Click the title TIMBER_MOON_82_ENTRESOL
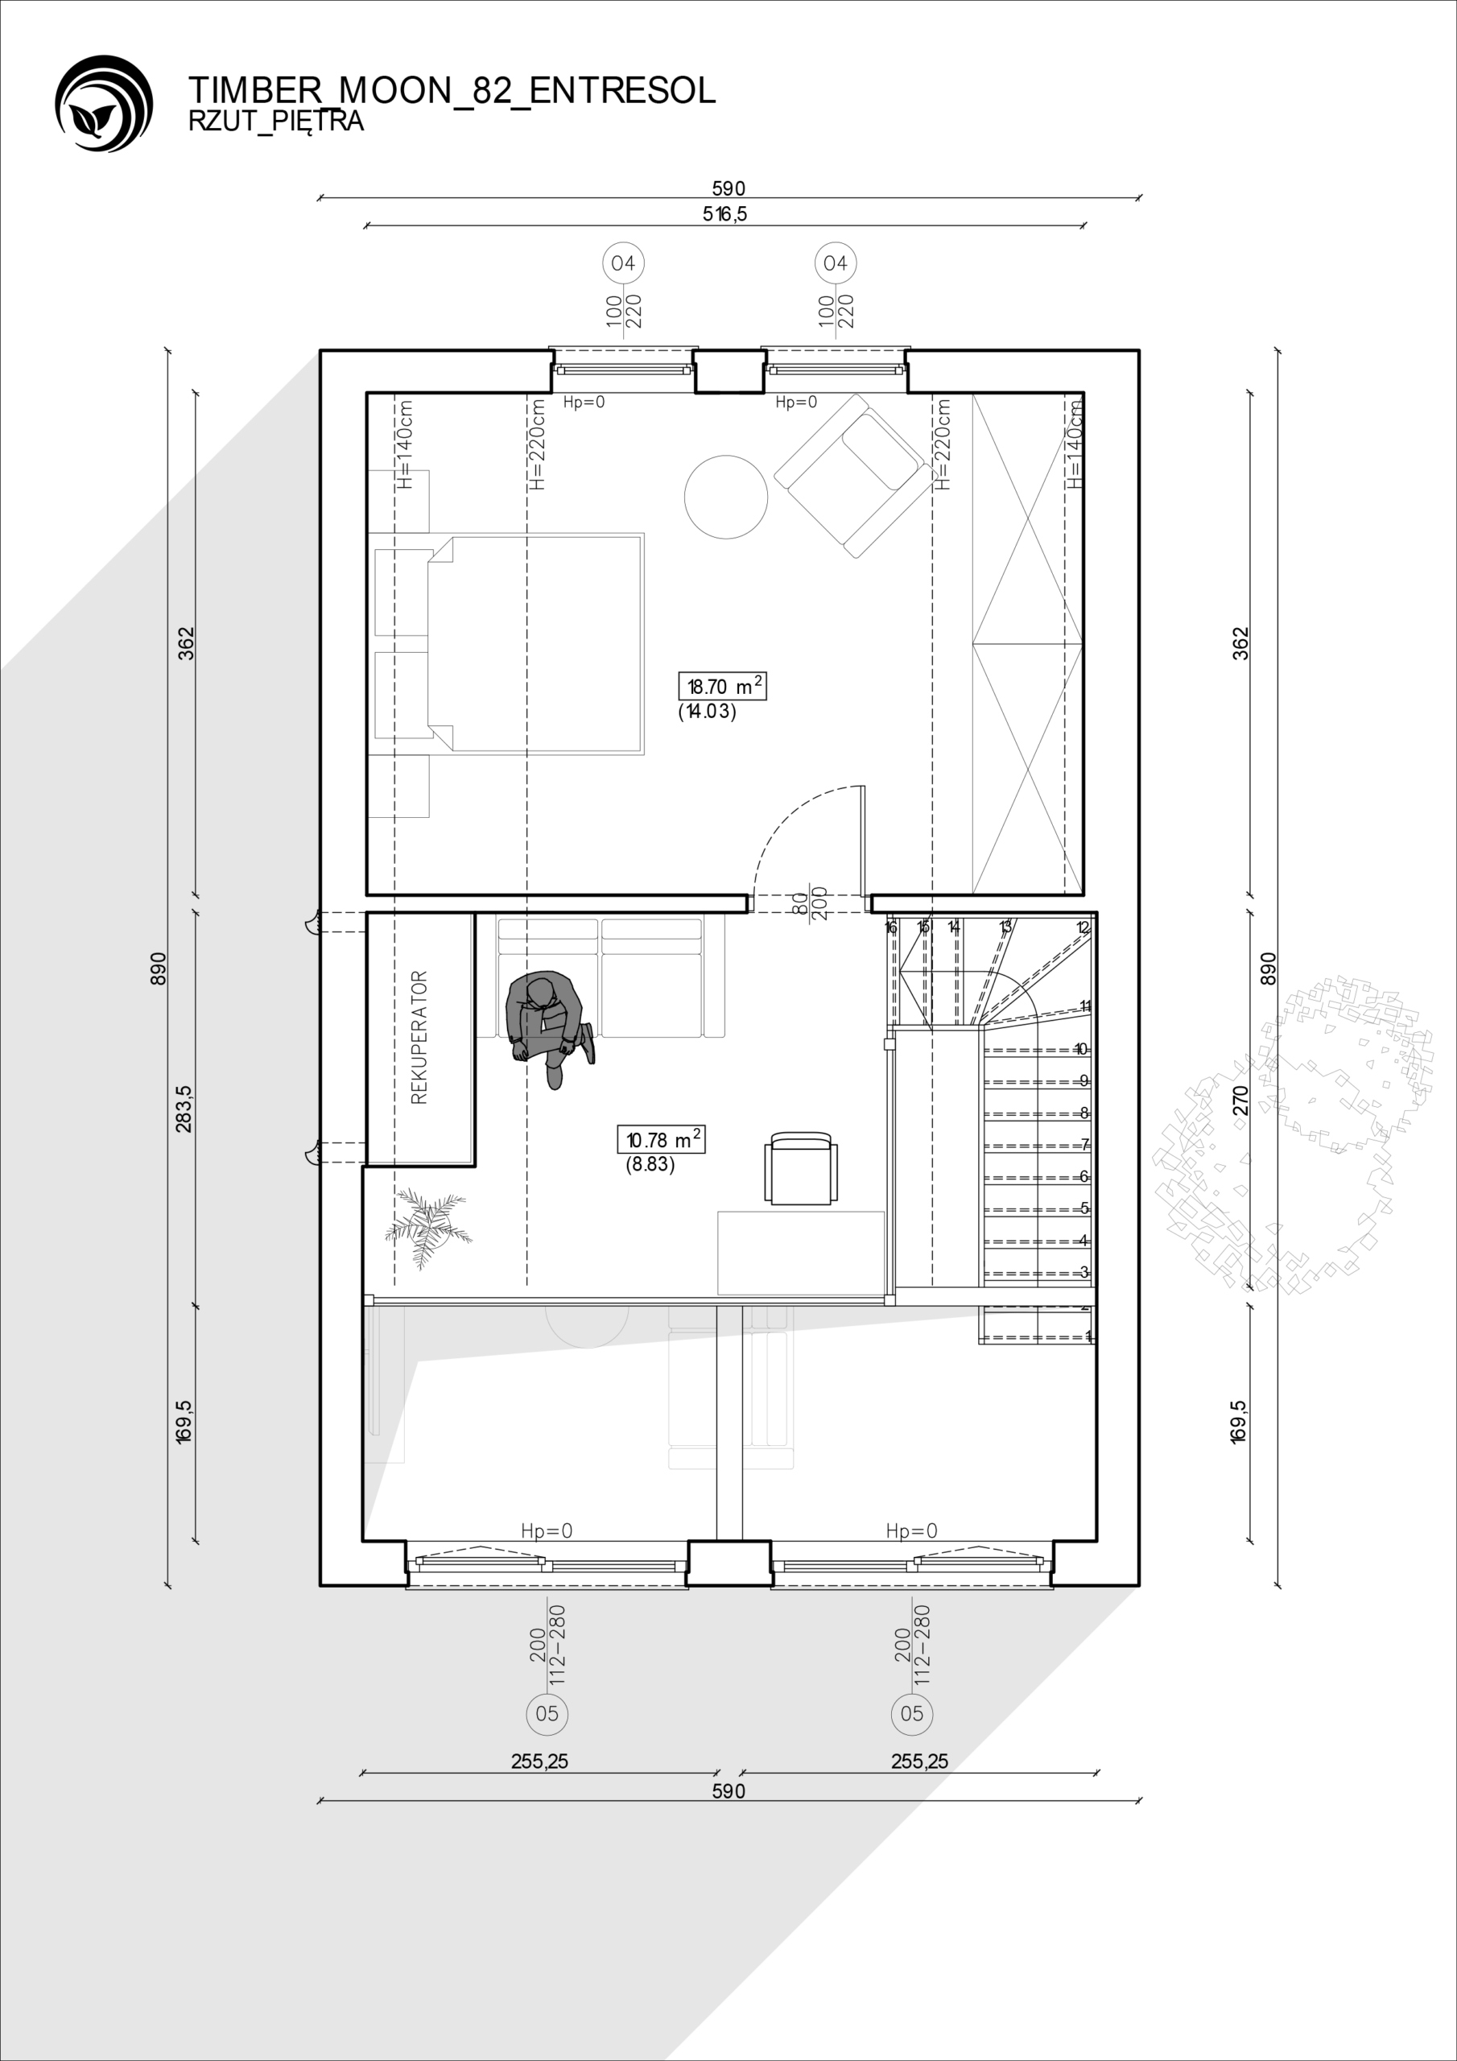click(452, 91)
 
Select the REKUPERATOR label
click(419, 1037)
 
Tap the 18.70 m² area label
click(723, 687)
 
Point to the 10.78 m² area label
click(661, 1140)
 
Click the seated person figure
click(547, 1029)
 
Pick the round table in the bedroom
click(725, 497)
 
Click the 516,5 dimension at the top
click(725, 213)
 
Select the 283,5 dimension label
click(184, 1109)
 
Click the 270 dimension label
click(1240, 1100)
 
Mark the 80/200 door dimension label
click(810, 903)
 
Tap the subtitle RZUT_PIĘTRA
click(276, 122)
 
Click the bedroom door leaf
click(864, 841)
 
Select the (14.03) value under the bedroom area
click(708, 712)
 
